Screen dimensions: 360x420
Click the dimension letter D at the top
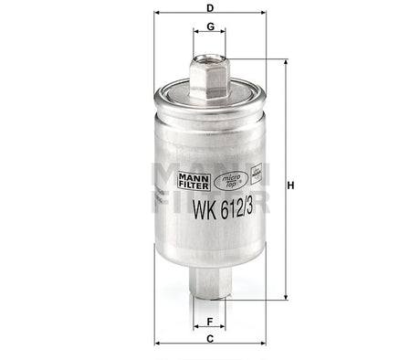[211, 8]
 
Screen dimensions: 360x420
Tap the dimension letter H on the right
[291, 186]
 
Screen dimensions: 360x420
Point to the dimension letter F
[211, 322]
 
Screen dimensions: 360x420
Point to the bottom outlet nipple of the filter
[210, 284]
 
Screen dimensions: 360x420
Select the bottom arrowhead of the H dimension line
[287, 297]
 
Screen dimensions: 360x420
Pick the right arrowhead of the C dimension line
[261, 349]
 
